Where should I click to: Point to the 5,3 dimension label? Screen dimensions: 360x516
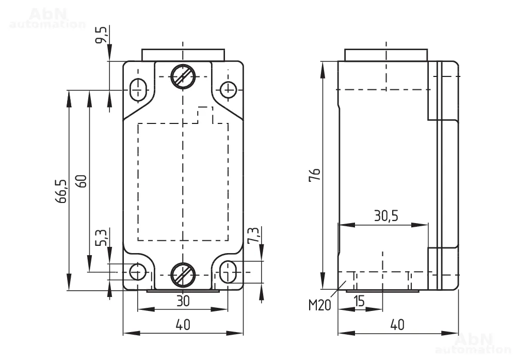tap(102, 237)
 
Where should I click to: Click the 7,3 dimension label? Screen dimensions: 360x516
tap(254, 236)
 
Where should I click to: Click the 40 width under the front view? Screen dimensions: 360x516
tap(183, 325)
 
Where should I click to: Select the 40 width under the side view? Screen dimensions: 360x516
tap(397, 325)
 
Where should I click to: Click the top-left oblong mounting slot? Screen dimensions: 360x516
tap(138, 89)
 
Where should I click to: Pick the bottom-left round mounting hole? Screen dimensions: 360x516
tap(138, 272)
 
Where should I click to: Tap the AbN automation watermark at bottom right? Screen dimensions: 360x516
tap(475, 343)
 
